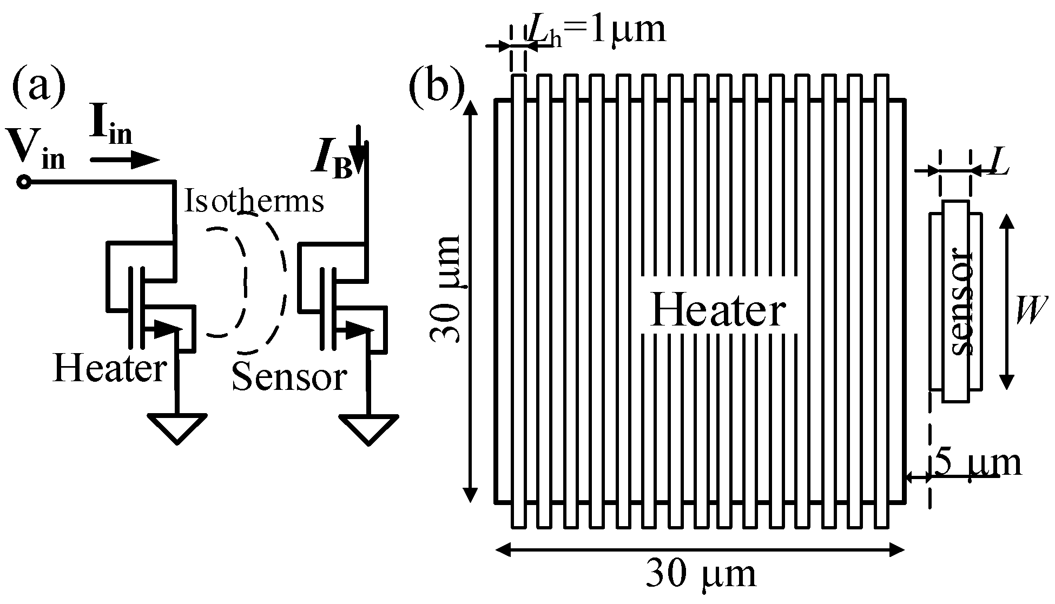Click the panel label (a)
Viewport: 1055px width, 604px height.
pyautogui.click(x=38, y=87)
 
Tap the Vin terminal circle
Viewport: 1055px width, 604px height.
pyautogui.click(x=23, y=183)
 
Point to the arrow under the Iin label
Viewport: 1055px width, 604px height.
pyautogui.click(x=124, y=160)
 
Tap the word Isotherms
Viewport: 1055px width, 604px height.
pyautogui.click(x=254, y=202)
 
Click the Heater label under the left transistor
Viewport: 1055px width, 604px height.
pyautogui.click(x=110, y=369)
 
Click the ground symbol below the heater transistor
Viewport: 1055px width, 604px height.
pyautogui.click(x=177, y=427)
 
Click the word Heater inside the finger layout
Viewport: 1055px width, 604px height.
pyautogui.click(x=718, y=310)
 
